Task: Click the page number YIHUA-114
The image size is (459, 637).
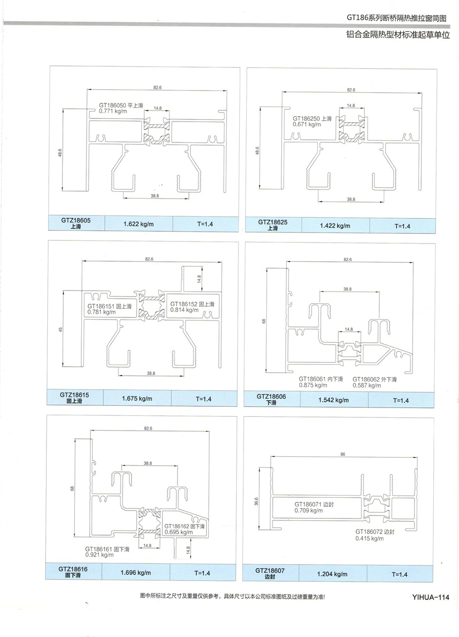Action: point(430,597)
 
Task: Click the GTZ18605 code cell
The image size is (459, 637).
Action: point(76,223)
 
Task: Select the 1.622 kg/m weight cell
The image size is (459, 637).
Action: point(139,224)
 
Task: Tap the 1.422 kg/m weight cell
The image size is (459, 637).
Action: point(335,226)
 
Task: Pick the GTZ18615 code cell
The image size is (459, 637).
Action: point(74,398)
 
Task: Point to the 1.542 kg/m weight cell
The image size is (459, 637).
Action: point(334,400)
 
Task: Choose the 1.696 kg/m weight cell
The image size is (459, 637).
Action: point(136,573)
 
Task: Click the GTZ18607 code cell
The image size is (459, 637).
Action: point(270,573)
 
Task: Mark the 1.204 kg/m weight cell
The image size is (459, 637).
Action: point(332,574)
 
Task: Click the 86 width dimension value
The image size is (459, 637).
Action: point(343,454)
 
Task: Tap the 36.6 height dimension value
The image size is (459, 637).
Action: point(257,501)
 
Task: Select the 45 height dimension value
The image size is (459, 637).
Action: point(61,330)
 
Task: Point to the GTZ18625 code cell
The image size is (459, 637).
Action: point(273,225)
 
